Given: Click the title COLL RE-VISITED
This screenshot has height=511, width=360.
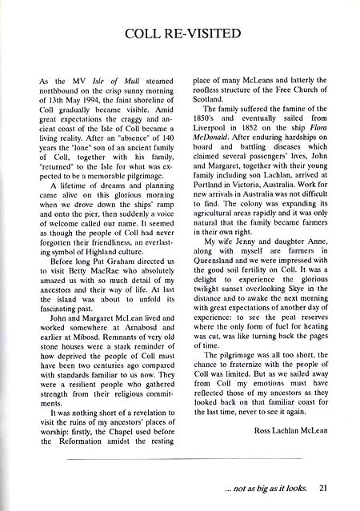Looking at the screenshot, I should tap(179, 34).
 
